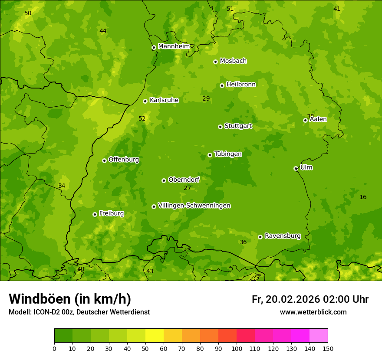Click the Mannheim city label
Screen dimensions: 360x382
[174, 46]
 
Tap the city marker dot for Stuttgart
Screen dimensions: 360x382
[220, 127]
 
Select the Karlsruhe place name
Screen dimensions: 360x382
[164, 100]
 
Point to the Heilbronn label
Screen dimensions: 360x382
[241, 85]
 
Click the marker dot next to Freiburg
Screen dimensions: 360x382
[95, 214]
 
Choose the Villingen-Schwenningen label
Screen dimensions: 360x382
[194, 206]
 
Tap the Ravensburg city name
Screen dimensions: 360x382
[282, 236]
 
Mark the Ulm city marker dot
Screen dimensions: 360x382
[296, 168]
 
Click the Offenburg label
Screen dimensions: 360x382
[123, 160]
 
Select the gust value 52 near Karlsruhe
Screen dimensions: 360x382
[142, 118]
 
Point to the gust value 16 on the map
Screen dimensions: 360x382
[363, 197]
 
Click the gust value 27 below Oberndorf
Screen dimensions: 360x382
[187, 188]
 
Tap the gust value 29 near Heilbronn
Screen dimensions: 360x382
[206, 99]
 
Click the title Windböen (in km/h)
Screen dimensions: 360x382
[70, 299]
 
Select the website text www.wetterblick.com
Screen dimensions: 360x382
[313, 312]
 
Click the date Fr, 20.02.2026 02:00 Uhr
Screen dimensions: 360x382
[310, 299]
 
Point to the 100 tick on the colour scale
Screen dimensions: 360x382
[237, 348]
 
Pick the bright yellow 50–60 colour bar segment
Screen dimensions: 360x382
[155, 336]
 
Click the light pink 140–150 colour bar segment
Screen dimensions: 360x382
[319, 336]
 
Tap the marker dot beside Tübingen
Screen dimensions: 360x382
[210, 155]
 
